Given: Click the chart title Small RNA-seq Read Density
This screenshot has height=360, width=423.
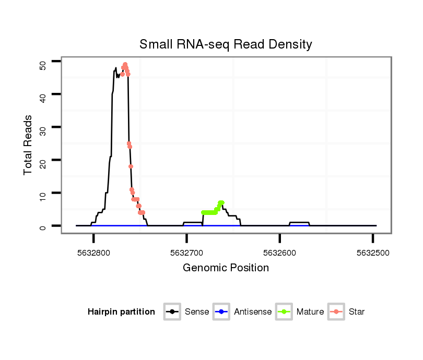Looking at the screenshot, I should click(226, 44).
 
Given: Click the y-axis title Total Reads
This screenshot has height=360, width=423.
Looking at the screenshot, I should click(29, 145).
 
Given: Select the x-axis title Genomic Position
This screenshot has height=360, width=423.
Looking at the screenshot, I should click(226, 268).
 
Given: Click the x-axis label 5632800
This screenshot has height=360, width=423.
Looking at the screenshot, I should click(94, 253).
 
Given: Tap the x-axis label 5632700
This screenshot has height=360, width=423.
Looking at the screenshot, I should click(187, 253).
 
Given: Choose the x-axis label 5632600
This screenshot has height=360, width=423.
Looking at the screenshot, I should click(280, 253).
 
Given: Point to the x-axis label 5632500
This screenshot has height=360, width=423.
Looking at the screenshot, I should click(373, 253).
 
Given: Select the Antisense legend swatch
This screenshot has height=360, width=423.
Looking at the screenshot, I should click(221, 312).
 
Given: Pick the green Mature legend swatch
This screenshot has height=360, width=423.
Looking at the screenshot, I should click(284, 312).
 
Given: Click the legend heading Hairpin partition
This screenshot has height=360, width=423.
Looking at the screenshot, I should click(121, 312).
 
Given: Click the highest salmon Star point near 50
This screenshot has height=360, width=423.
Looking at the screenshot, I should click(125, 65).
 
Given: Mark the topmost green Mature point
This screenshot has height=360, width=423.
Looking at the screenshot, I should click(221, 202).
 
